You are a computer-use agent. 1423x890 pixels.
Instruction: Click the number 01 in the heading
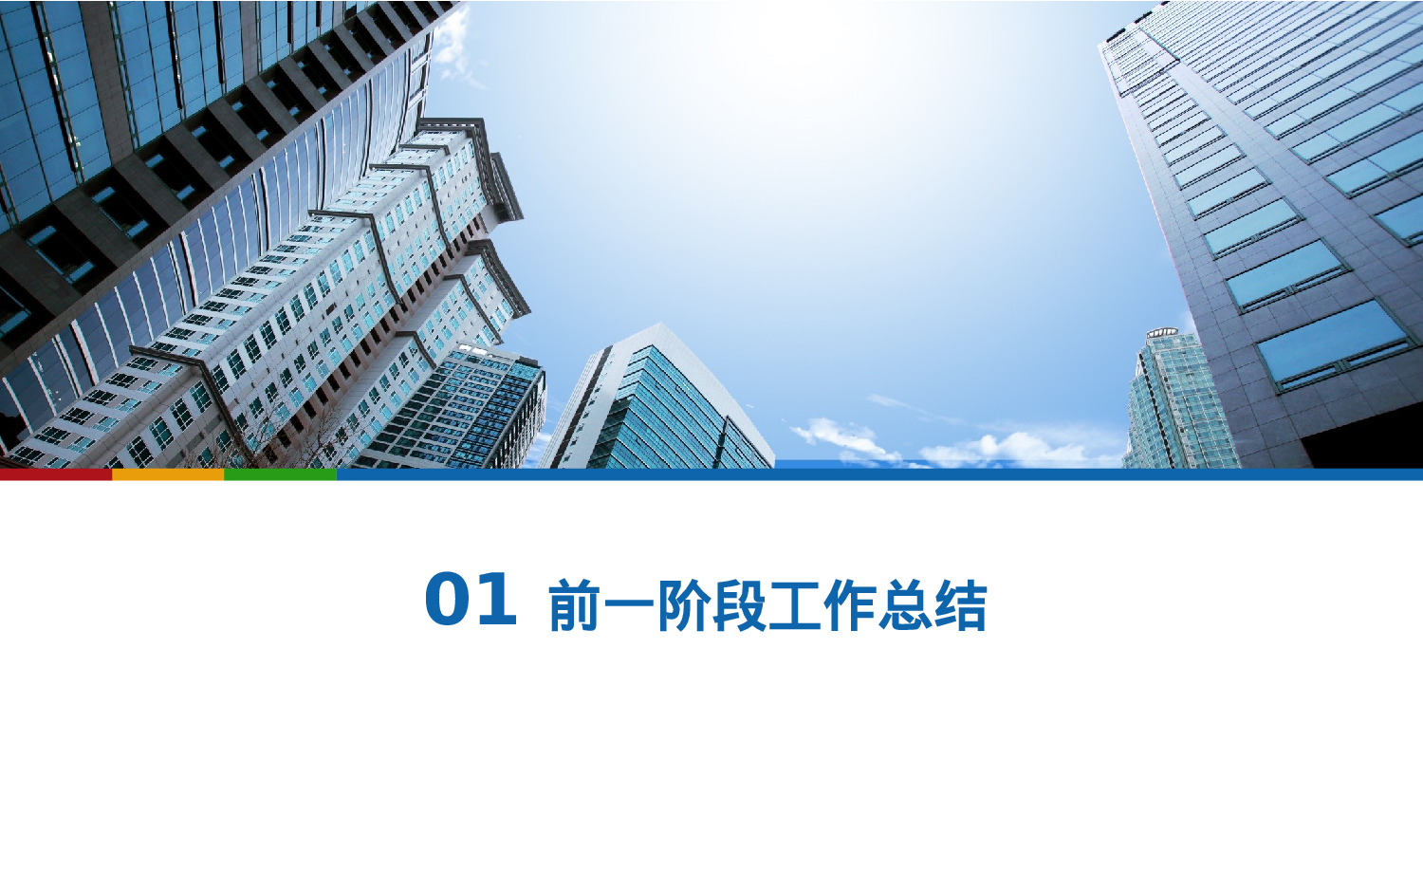471,600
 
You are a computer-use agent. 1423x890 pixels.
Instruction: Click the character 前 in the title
575,606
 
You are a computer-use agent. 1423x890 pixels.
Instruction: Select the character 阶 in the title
684,606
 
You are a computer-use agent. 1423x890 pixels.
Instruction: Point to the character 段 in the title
739,606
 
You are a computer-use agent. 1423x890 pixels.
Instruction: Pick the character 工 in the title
794,606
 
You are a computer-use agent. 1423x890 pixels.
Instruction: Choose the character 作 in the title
849,606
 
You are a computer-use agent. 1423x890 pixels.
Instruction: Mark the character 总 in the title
904,606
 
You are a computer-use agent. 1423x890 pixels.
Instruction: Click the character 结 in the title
959,606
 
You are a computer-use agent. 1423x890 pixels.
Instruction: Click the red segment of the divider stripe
56,473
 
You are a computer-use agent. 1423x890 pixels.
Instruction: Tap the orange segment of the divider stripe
168,473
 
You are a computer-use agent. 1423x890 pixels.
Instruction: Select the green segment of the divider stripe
280,473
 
